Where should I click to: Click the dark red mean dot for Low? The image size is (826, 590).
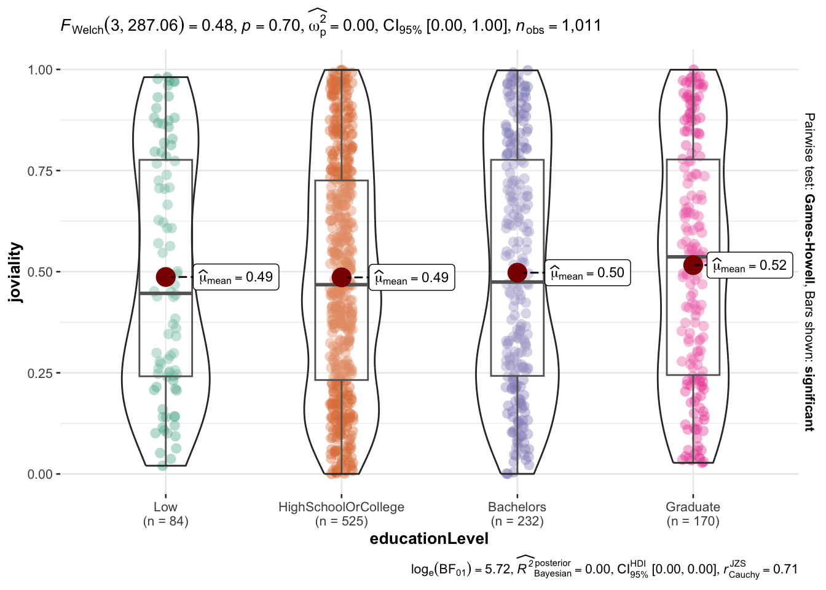165,277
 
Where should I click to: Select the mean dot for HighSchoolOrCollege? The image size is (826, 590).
341,277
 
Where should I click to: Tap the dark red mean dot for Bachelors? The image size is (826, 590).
517,272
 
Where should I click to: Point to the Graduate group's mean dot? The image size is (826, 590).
693,265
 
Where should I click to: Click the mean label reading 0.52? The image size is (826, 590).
749,265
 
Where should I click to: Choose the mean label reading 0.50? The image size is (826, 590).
587,273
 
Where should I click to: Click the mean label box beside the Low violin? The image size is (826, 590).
237,277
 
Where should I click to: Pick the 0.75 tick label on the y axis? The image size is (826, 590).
40,171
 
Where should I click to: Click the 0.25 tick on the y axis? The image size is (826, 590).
40,373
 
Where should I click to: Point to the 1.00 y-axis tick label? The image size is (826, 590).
40,69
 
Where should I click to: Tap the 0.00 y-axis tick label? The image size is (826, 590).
40,474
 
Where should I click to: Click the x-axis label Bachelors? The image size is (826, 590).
517,507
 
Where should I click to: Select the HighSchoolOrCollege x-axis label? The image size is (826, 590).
341,507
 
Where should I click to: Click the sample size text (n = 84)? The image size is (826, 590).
165,521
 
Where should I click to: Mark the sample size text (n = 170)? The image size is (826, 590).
693,521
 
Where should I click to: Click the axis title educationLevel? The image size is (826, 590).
429,539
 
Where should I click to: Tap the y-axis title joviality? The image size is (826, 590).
15,272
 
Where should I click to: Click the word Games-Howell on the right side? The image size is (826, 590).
809,235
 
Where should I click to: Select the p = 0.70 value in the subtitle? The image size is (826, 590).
268,26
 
